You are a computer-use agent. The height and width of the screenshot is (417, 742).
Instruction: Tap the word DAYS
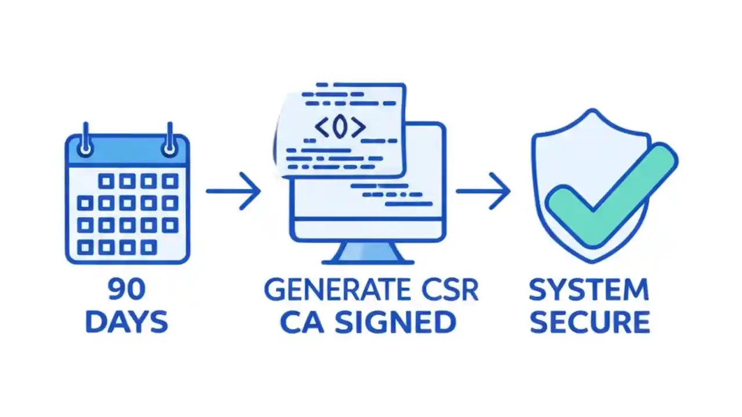tap(126, 322)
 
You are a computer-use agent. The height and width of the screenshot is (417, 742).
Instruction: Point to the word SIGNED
tap(394, 323)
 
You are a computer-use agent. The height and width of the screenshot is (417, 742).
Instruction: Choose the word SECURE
tap(589, 323)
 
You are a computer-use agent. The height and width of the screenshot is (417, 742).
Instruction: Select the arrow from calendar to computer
tap(233, 191)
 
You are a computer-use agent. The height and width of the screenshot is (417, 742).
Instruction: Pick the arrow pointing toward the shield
tap(483, 191)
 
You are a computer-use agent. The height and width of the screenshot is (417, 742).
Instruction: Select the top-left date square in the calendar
tap(106, 181)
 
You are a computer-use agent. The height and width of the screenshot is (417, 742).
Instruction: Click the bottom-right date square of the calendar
tap(148, 248)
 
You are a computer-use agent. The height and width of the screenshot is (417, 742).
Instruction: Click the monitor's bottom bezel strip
tap(368, 231)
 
